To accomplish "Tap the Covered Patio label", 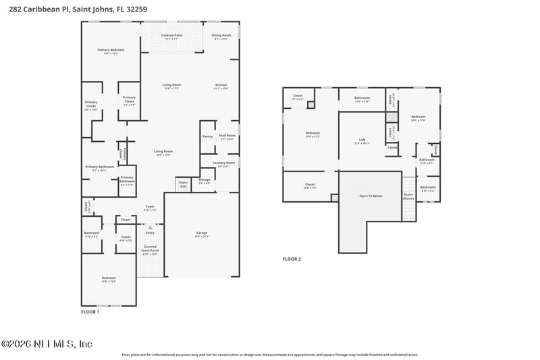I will coord(171,36).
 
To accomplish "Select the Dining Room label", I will coord(221,36).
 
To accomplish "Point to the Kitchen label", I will coord(221,85).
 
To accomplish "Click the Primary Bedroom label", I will coord(111,51).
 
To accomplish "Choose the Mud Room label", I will coord(226,136).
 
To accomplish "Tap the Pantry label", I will coord(207,136).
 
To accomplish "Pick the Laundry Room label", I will coord(223,163).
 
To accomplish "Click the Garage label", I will coord(202,234).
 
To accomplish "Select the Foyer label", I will coord(150,207).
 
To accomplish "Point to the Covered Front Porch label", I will coord(150,249).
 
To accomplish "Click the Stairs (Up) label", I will coord(183,183).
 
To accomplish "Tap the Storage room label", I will coord(205,181).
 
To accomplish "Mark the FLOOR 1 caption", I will coord(90,312).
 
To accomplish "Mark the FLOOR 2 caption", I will coord(292,259).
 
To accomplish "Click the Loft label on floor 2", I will coord(362,140).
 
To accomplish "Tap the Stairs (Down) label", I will coord(408,197).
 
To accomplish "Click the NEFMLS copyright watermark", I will coord(47,344).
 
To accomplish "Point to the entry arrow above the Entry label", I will coord(150,227).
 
